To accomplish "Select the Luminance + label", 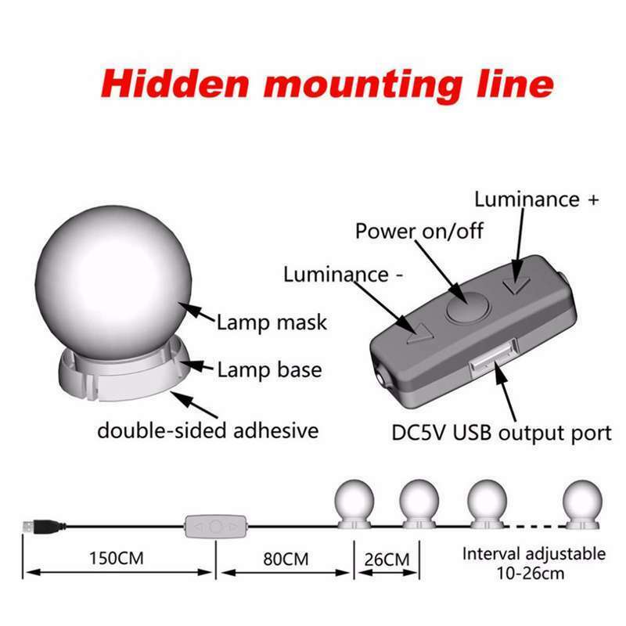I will pos(537,199).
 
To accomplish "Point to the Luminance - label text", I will pos(336,275).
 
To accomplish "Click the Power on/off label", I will pos(419,232).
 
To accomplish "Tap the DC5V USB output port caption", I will pos(501,433).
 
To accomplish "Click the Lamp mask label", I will pos(272,322).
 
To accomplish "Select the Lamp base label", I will pos(269,369).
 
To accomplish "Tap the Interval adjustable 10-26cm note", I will pos(534,563).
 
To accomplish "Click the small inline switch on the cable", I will pos(216,526).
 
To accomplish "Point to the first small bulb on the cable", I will pos(354,502).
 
